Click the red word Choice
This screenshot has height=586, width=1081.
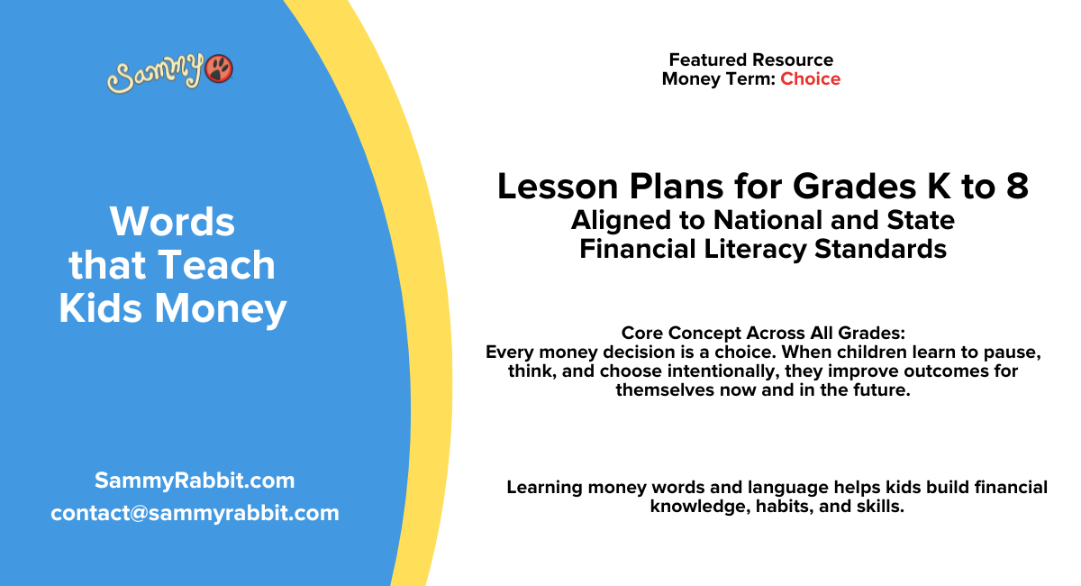tap(810, 79)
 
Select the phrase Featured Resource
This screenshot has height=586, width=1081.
tap(750, 60)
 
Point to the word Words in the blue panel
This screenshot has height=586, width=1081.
tap(172, 222)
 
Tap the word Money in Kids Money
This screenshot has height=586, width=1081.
tap(221, 308)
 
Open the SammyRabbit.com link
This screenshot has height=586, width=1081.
tap(195, 481)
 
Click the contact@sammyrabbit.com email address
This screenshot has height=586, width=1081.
tap(195, 513)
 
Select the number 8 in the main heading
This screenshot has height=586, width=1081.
tap(1016, 187)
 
